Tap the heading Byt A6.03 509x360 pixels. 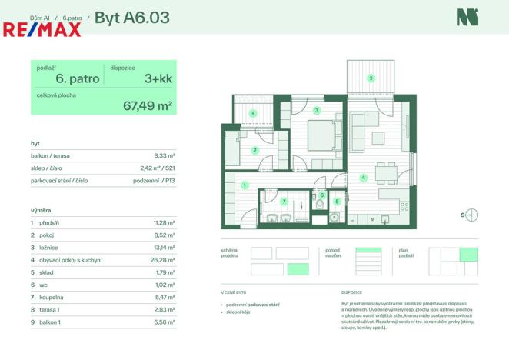(x=131, y=16)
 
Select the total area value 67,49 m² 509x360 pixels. (x=148, y=106)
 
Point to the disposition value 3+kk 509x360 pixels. (x=158, y=78)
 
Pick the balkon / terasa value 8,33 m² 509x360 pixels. (x=165, y=155)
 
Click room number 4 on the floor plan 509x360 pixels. (x=363, y=178)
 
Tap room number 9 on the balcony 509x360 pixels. (x=370, y=78)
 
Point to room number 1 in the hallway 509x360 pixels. (x=244, y=185)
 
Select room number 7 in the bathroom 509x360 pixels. (x=284, y=202)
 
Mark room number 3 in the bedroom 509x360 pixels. (x=317, y=111)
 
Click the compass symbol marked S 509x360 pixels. (x=471, y=215)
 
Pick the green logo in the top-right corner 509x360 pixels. (x=466, y=17)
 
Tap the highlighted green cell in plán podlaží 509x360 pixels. (x=468, y=255)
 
